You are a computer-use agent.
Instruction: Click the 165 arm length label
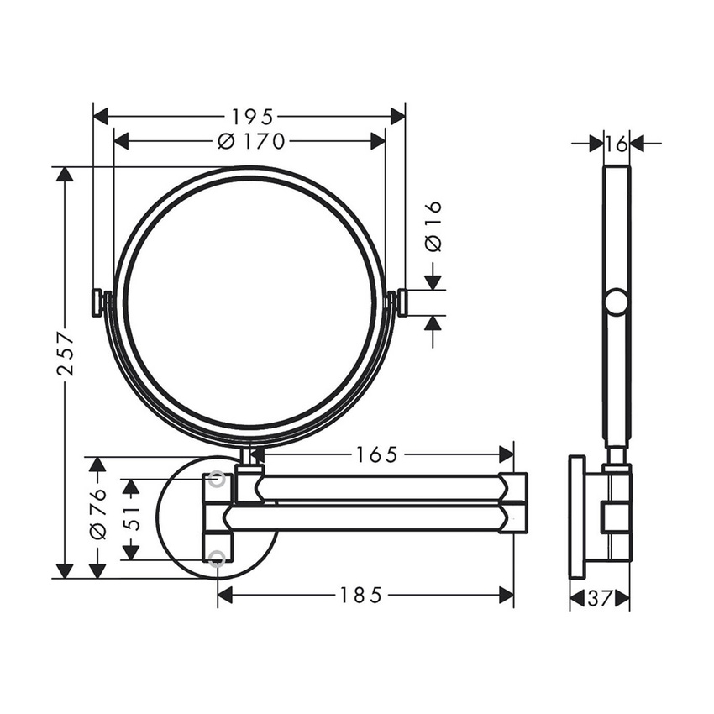375,454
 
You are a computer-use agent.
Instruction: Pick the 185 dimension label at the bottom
361,596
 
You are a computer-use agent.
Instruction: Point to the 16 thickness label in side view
616,144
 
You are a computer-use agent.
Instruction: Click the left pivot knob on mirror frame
99,302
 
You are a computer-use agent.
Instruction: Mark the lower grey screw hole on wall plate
218,558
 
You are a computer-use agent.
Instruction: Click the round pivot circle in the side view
617,302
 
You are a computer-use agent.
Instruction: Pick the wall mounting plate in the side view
577,517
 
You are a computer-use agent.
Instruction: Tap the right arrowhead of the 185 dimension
507,596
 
